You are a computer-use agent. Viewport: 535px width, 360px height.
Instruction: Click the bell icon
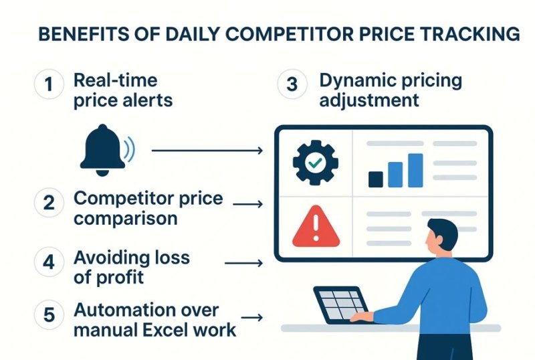pyautogui.click(x=102, y=149)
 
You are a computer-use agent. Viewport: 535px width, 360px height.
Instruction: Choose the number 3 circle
pyautogui.click(x=292, y=85)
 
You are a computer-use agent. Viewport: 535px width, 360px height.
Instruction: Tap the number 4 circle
pyautogui.click(x=49, y=263)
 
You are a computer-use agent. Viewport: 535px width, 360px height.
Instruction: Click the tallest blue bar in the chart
pyautogui.click(x=415, y=170)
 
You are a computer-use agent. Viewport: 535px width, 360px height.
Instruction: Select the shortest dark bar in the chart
pyautogui.click(x=376, y=179)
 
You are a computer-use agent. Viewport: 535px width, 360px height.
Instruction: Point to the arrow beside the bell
pyautogui.click(x=207, y=151)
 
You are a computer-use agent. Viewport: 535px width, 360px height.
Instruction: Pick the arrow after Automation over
pyautogui.click(x=251, y=318)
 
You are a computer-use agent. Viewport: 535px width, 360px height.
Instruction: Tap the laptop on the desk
pyautogui.click(x=341, y=304)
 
